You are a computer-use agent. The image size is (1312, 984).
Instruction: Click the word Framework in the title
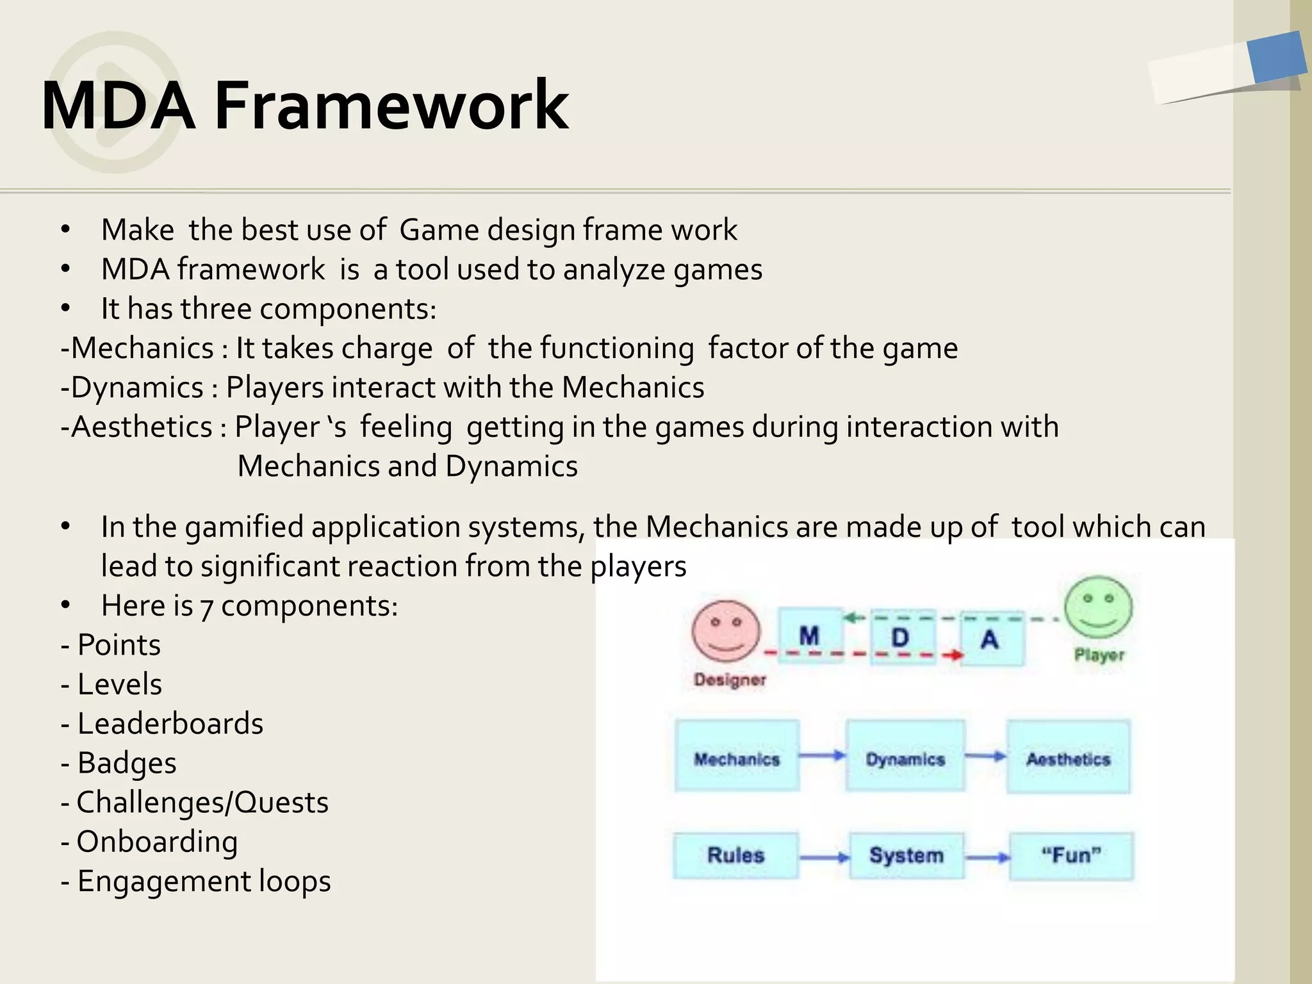[x=391, y=105]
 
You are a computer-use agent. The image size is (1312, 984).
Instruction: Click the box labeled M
[x=809, y=635]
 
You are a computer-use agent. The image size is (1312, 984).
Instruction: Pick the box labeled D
[x=901, y=637]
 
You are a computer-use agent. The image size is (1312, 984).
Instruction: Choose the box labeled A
[x=990, y=639]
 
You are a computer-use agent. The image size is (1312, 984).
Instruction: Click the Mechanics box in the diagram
[x=737, y=757]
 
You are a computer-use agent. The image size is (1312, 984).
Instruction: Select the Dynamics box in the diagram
[x=905, y=757]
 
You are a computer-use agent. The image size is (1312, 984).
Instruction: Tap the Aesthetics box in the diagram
[x=1068, y=757]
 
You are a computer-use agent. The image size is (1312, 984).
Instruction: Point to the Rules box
[x=735, y=855]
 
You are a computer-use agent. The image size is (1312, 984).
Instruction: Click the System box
[x=906, y=856]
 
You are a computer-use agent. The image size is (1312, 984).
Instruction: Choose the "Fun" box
[x=1071, y=856]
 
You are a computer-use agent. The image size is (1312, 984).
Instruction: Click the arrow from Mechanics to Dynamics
[x=823, y=756]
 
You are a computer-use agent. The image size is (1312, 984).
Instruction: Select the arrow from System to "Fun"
[x=987, y=857]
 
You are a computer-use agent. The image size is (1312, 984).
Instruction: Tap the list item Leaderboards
[x=170, y=724]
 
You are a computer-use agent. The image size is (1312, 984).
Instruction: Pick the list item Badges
[x=126, y=763]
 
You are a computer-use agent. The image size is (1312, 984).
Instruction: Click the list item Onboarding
[x=157, y=842]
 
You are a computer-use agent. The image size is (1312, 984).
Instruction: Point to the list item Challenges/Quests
[x=202, y=803]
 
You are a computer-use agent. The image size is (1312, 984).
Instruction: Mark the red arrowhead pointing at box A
[x=956, y=655]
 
